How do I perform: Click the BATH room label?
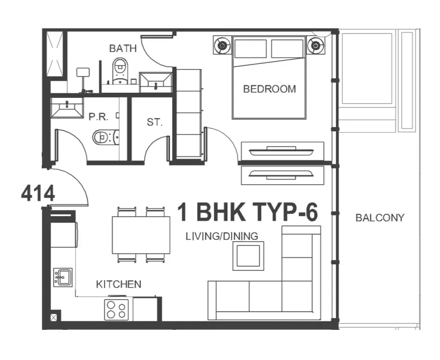coord(123,48)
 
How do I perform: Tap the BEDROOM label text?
coord(269,89)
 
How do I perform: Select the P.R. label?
coord(98,116)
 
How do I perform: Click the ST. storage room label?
coord(154,122)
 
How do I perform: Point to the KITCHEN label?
coord(119,284)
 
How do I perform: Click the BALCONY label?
coord(380,218)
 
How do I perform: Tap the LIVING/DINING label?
coord(222,236)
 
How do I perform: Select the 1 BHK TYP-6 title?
coord(248,212)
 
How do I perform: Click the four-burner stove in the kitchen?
coord(116,310)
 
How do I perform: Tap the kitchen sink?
coord(63,277)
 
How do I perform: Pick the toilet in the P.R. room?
coord(106,137)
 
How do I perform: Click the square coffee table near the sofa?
coord(249,256)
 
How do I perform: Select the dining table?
coord(141,235)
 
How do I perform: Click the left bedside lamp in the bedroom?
coord(222,45)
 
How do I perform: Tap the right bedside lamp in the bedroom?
coord(316,45)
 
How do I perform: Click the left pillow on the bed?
coord(250,49)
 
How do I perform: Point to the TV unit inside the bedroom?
coord(282,151)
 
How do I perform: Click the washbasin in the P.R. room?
coord(67,107)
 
